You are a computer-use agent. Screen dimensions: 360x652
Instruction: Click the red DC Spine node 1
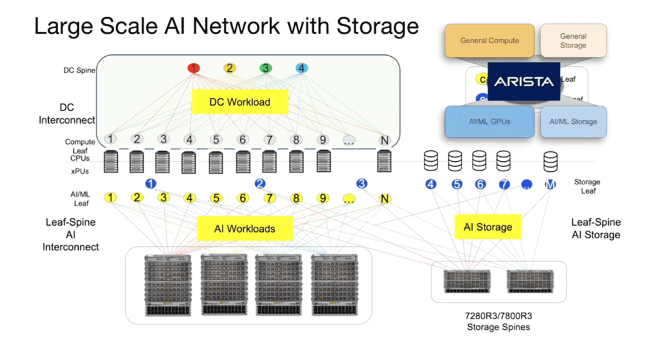[x=194, y=68]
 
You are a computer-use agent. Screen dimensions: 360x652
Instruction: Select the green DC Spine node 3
[x=266, y=68]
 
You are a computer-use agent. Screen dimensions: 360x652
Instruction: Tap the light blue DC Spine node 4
[x=301, y=68]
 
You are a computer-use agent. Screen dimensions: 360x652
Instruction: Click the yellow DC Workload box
[x=239, y=102]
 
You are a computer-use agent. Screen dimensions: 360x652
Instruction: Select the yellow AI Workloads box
[x=244, y=229]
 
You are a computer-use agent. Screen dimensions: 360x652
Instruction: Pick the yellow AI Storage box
[x=488, y=227]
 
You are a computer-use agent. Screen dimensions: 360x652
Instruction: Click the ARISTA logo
[x=523, y=81]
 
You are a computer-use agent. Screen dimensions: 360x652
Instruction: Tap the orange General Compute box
[x=489, y=41]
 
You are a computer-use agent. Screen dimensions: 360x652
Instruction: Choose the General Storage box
[x=573, y=41]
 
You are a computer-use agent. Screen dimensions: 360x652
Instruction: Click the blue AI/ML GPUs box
[x=489, y=121]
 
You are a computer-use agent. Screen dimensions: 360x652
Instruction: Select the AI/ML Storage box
[x=573, y=121]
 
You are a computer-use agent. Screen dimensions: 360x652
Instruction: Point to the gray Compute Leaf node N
[x=384, y=141]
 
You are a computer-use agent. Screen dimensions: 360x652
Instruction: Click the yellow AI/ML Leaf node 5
[x=216, y=198]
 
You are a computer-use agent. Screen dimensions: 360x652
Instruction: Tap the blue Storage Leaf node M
[x=550, y=184]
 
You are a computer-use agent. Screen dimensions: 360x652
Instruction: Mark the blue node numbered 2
[x=260, y=184]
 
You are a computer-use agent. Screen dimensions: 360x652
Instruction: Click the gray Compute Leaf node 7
[x=269, y=140]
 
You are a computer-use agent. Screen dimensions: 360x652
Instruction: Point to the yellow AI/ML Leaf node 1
[x=111, y=197]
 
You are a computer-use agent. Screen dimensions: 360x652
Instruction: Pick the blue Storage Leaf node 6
[x=480, y=184]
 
